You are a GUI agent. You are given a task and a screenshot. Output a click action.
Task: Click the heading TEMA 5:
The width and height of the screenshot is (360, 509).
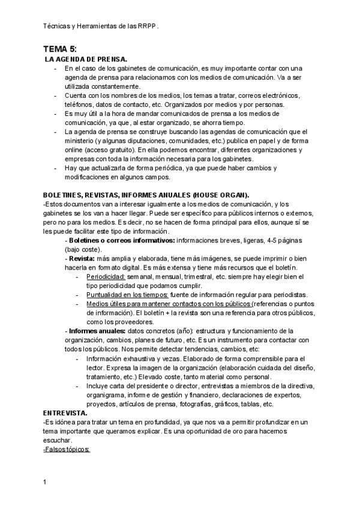(60, 49)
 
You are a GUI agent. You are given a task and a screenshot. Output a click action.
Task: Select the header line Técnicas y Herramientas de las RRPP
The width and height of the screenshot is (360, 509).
(102, 27)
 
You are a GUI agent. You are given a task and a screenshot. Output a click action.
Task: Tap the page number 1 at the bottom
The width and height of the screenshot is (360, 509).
(45, 482)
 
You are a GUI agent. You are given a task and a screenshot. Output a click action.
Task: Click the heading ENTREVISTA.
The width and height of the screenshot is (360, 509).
(65, 414)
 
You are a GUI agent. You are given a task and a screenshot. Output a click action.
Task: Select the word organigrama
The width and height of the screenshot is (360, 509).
(107, 396)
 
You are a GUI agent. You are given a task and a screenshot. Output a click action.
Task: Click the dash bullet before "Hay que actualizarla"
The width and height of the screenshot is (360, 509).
(56, 168)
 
